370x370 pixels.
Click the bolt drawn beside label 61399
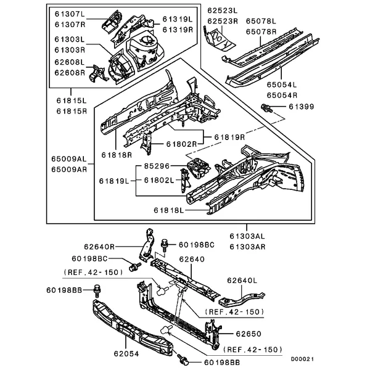[268, 110]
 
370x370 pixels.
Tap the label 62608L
[68, 63]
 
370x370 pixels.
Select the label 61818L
[170, 210]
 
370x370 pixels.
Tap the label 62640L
[242, 281]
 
